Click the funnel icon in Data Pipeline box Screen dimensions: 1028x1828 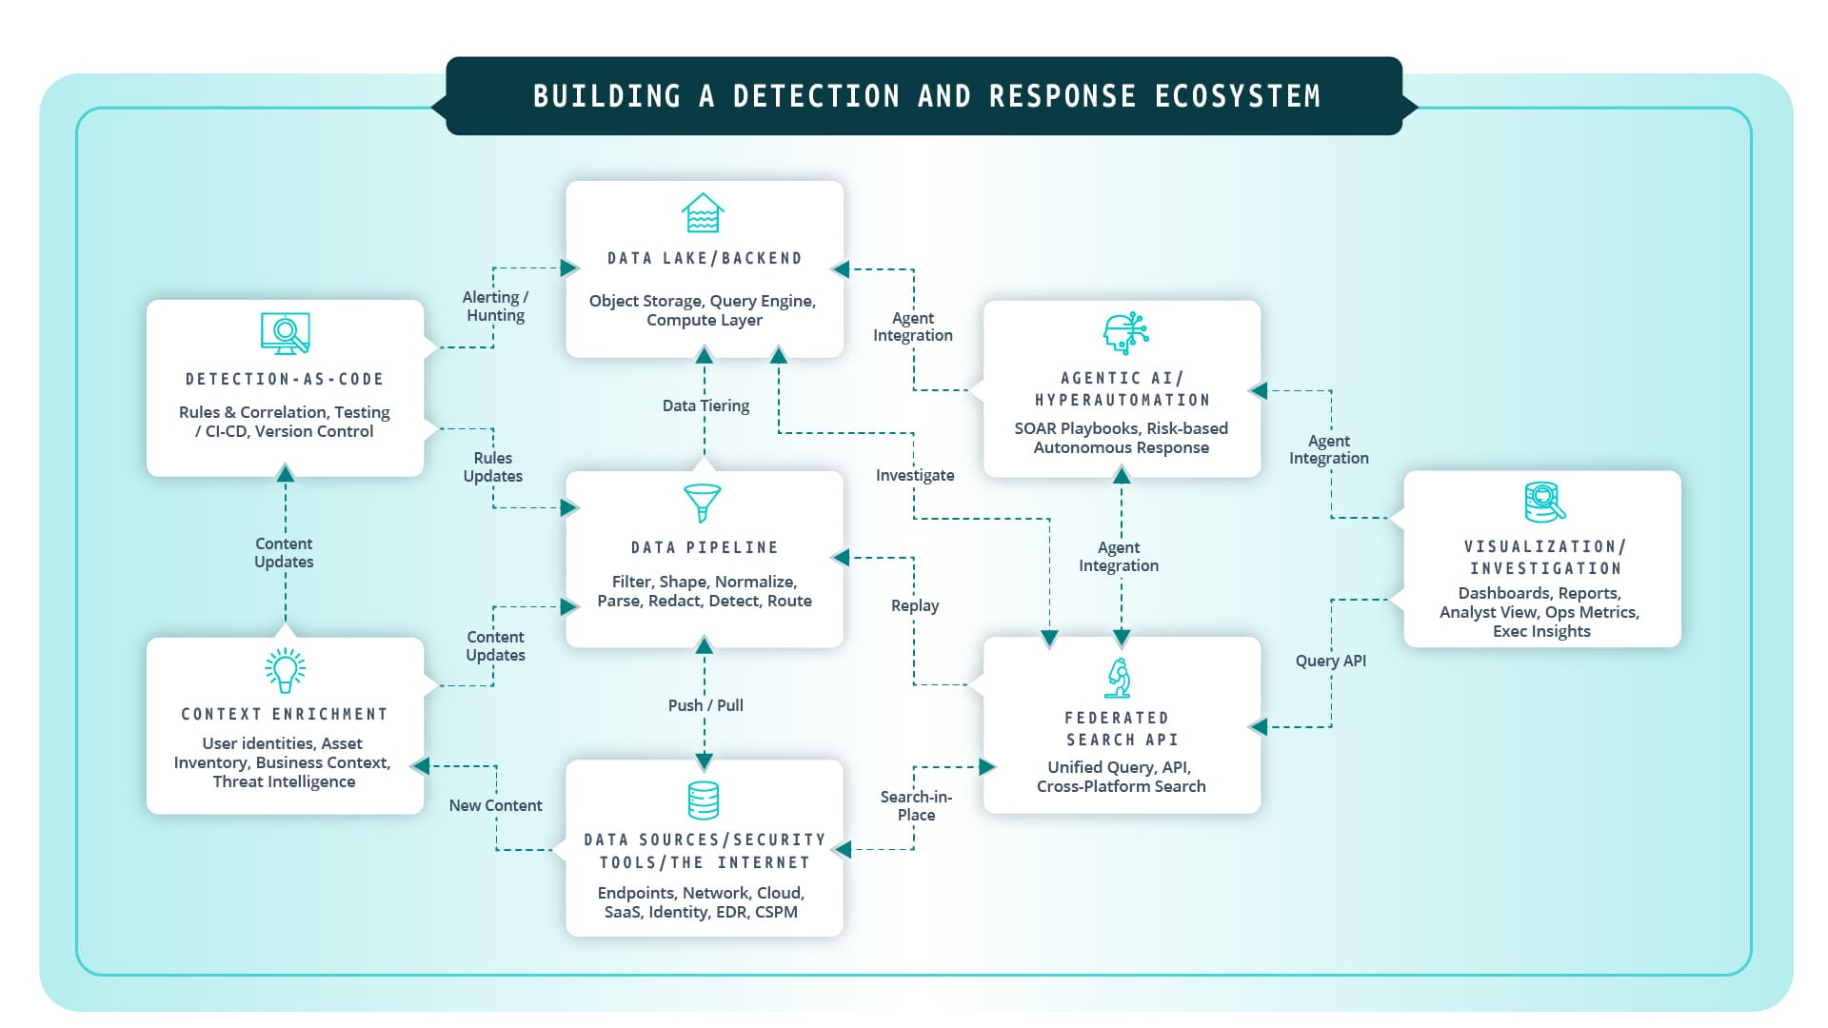pos(703,503)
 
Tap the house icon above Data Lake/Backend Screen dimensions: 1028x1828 pos(703,213)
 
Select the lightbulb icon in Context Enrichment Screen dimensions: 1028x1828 pos(285,670)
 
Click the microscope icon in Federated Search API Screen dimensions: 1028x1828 pos(1120,678)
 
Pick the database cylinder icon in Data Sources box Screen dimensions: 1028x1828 pos(703,801)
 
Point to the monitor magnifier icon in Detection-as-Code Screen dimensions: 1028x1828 pos(285,333)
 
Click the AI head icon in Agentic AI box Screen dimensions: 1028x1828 pos(1124,333)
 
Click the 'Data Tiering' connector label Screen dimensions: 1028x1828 pos(705,405)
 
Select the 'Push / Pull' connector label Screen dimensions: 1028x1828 pos(705,705)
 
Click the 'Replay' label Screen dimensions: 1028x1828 pos(915,605)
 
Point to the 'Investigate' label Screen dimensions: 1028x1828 pos(915,475)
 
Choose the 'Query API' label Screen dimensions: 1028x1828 pos(1330,661)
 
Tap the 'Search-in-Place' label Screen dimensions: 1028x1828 pos(916,805)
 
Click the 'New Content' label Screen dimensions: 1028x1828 pos(495,805)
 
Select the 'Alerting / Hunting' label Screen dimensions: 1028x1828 pos(495,306)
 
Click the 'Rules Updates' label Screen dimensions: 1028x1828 pos(493,466)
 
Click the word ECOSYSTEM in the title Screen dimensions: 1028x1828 pos(1237,96)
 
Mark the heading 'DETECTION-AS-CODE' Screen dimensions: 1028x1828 pos(285,379)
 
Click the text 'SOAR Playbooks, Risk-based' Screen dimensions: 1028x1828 pos(1121,428)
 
